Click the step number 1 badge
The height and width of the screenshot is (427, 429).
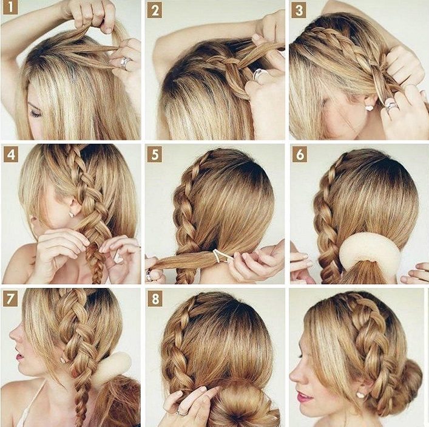[x=11, y=7]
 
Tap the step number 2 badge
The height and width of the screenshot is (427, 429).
[x=155, y=11]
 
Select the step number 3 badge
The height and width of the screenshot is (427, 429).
[x=299, y=11]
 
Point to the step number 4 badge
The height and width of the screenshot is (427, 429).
[x=11, y=154]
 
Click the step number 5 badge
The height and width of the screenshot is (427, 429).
[x=155, y=154]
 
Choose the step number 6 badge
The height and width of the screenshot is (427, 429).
[x=300, y=155]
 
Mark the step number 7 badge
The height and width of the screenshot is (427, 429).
[x=10, y=299]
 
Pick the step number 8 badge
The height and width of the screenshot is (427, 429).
[x=155, y=299]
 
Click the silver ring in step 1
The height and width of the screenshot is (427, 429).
[x=125, y=63]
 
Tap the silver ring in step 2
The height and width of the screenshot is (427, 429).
[x=258, y=75]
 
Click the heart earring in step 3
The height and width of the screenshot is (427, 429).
[x=370, y=108]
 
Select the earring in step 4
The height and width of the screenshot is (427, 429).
[x=72, y=214]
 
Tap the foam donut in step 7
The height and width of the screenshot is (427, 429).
[x=113, y=366]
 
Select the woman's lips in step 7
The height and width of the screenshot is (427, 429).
[x=19, y=356]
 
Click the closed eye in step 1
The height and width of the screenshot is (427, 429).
[x=36, y=113]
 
